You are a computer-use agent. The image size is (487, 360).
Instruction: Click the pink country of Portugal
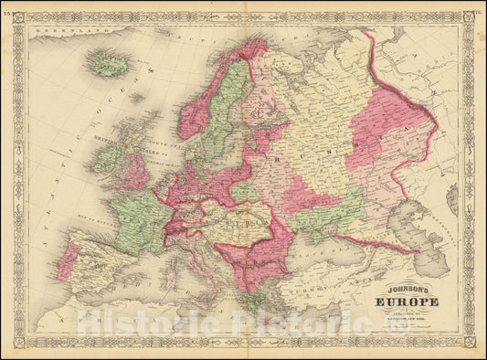66,261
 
